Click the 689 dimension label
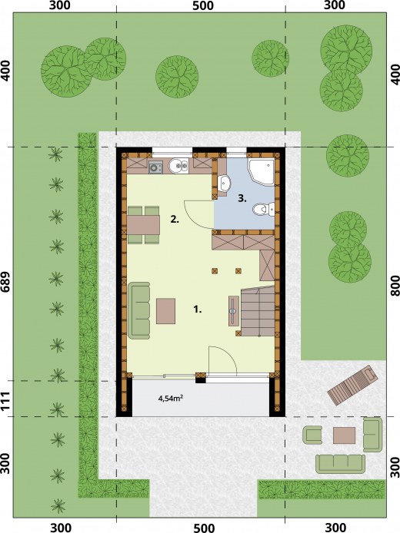pos(6,282)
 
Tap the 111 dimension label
pos(6,399)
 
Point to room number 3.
pos(242,199)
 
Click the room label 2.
pos(175,219)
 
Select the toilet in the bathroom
pos(264,209)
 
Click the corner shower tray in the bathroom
pos(261,172)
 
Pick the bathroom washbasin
pos(225,184)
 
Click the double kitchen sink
pos(178,166)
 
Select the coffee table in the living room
pos(166,311)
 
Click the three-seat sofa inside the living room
pos(139,310)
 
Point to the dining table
pos(143,225)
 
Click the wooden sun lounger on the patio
pos(352,385)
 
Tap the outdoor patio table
pos(344,435)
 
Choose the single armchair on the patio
pos(312,435)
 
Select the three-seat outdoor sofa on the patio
pos(341,464)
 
